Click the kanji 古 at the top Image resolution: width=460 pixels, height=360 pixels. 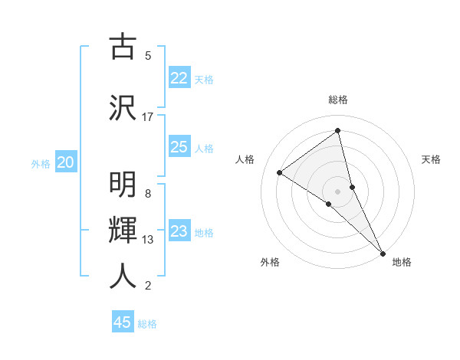pos(123,47)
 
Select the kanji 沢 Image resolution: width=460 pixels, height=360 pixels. pos(123,107)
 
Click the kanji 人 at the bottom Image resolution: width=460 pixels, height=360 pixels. pos(123,275)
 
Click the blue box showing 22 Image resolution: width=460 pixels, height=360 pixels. pos(179,78)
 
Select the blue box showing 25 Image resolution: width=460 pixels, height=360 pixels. pos(179,147)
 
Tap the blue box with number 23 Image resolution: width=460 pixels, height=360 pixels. pos(179,231)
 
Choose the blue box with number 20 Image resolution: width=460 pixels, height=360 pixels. pos(66,162)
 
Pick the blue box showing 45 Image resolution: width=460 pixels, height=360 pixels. pos(123,322)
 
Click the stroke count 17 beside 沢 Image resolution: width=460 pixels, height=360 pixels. pos(148,116)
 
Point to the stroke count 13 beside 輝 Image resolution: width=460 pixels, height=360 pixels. pos(148,240)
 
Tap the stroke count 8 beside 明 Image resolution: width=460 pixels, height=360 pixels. pos(148,193)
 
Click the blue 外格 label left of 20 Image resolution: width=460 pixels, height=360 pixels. pos(41,163)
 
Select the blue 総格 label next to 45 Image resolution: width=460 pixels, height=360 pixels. pos(147,324)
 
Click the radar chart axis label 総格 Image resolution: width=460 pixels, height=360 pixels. pos(338,100)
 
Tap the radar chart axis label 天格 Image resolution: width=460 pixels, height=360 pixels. pos(432,159)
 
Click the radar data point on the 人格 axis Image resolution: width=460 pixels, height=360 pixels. pos(279,172)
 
